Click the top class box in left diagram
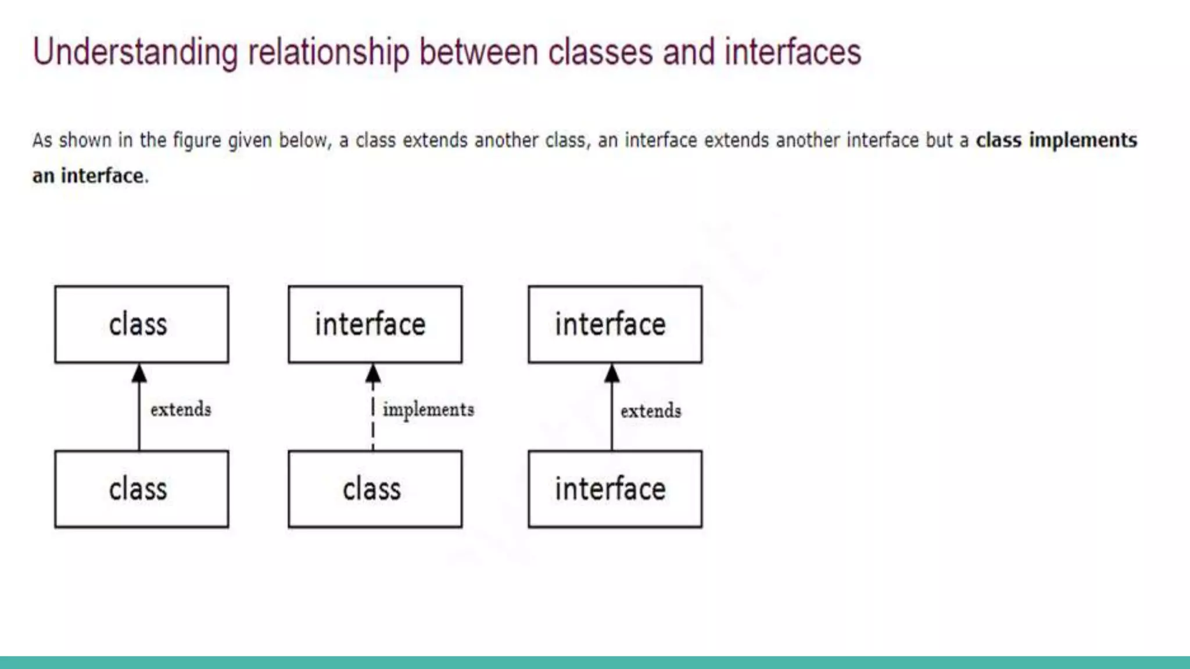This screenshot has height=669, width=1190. pos(141,324)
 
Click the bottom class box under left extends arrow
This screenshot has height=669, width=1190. pos(141,489)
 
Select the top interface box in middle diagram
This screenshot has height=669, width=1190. pos(375,324)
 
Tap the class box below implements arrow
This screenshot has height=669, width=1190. pos(375,489)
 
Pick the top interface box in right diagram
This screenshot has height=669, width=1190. pos(615,324)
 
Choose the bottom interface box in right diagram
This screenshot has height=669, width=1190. pos(615,489)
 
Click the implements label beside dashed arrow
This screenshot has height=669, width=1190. pos(428,410)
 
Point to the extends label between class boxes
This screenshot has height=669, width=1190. pos(181,409)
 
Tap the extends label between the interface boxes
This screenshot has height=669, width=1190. pos(651,411)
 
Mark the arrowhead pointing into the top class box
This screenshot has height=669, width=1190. pos(139,373)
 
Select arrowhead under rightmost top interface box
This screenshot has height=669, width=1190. pos(612,373)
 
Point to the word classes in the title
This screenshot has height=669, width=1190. pos(600,52)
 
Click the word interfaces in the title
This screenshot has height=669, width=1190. pos(793,52)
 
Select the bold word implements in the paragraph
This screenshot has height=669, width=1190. pos(1083,140)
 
